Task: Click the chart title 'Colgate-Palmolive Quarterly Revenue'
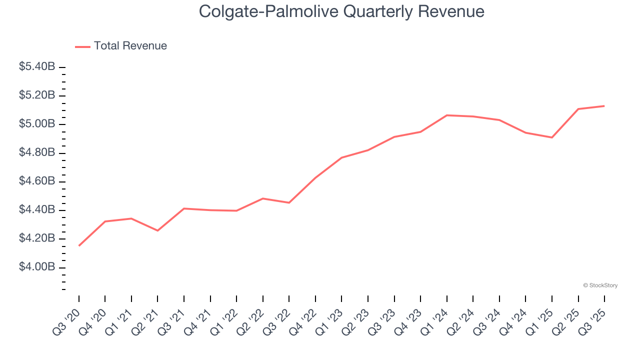click(x=341, y=11)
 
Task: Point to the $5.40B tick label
click(x=37, y=66)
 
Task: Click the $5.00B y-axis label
click(x=37, y=124)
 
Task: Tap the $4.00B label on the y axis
click(x=37, y=267)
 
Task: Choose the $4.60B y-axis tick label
click(x=37, y=181)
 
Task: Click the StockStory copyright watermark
click(x=600, y=285)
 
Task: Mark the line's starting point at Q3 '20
click(x=79, y=245)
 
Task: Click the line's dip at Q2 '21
click(x=157, y=230)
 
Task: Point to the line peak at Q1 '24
click(x=446, y=115)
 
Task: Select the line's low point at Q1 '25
click(x=552, y=137)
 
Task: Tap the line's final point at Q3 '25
click(x=604, y=106)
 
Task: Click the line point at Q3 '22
click(x=289, y=202)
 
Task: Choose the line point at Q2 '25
click(x=578, y=109)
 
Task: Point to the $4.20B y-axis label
click(x=37, y=238)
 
